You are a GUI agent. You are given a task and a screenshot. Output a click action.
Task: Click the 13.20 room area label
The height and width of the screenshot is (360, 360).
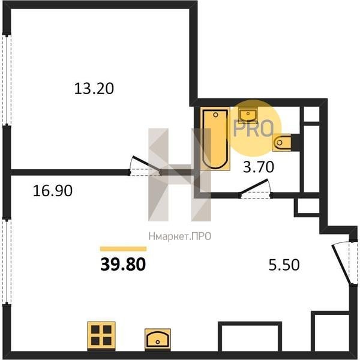tap(94, 89)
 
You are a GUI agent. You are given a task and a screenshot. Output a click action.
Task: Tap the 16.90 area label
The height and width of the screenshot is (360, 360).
tap(53, 191)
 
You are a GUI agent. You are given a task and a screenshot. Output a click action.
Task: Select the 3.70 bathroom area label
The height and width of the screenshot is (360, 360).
tap(259, 167)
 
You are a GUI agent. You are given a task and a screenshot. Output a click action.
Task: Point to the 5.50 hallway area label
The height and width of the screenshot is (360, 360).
tap(284, 265)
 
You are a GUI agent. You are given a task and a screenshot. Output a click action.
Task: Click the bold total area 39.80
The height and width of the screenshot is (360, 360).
tap(123, 264)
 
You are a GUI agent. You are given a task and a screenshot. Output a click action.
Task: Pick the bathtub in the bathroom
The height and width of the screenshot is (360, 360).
tap(215, 139)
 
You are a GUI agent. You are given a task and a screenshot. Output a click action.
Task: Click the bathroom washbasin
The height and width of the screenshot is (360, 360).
tap(248, 115)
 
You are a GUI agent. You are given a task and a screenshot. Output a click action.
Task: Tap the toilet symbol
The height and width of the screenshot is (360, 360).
tap(282, 143)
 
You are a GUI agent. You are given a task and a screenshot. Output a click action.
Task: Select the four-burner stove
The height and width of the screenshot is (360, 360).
tap(101, 336)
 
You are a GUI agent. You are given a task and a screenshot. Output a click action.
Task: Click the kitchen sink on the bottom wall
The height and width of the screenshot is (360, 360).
tap(157, 340)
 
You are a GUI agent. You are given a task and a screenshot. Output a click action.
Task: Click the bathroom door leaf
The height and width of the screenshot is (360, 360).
tap(254, 187)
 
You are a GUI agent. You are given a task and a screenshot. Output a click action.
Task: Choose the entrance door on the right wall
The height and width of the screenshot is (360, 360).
tap(341, 265)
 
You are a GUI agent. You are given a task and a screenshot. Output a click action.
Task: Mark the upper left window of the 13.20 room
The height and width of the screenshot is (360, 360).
tap(7, 80)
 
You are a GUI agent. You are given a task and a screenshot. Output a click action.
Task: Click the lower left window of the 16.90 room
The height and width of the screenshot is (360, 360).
tap(7, 262)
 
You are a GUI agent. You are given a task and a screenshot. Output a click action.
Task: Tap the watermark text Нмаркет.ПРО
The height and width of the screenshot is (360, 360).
tap(180, 236)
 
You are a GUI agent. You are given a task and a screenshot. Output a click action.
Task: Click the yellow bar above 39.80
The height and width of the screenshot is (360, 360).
tap(123, 249)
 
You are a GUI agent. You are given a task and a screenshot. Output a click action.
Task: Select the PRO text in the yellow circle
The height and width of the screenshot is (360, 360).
tap(253, 129)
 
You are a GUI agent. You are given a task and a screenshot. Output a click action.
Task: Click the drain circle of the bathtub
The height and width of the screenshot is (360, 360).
tap(215, 115)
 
